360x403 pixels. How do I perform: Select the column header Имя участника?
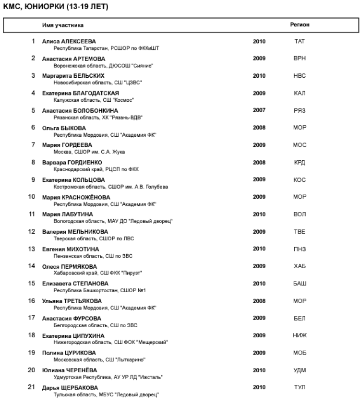(x=62, y=24)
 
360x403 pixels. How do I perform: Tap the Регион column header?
(x=300, y=24)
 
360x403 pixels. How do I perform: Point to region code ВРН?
(x=300, y=59)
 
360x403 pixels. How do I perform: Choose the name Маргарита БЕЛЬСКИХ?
(x=73, y=76)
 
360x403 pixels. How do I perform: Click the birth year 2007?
(x=259, y=110)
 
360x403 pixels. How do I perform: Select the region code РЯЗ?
(x=300, y=110)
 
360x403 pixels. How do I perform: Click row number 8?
(x=33, y=162)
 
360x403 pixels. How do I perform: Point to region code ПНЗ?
(x=300, y=249)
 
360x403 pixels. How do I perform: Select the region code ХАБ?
(x=300, y=266)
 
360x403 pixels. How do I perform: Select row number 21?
(x=32, y=387)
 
